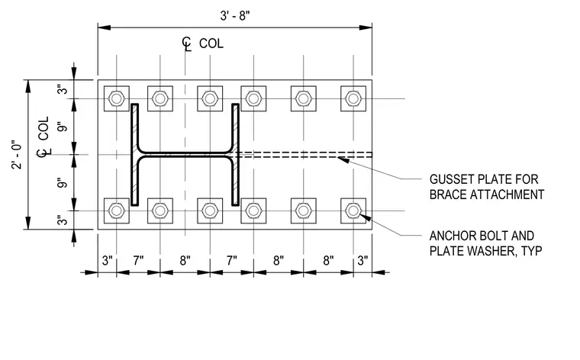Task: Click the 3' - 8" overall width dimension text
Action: (x=235, y=16)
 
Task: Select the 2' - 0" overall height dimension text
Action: (x=17, y=155)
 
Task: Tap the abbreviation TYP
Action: (x=532, y=251)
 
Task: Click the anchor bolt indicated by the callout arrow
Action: (x=353, y=211)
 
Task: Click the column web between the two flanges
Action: (x=185, y=155)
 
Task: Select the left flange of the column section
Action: (x=135, y=155)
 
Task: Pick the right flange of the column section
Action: (x=236, y=155)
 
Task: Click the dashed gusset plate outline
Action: (x=305, y=155)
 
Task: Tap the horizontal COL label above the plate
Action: (x=211, y=43)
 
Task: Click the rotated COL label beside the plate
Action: (x=43, y=128)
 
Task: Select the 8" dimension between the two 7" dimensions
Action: (x=185, y=261)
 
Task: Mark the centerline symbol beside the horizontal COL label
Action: (x=187, y=43)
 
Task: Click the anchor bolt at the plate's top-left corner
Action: (x=117, y=98)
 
